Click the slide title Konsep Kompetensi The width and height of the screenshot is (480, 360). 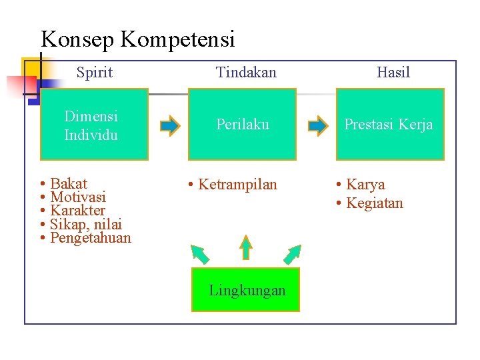[x=138, y=40]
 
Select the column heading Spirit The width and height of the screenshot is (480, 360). [x=95, y=73]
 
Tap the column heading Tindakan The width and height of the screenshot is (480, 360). [x=246, y=73]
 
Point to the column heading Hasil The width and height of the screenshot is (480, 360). [x=393, y=73]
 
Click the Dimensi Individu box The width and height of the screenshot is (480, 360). [x=94, y=125]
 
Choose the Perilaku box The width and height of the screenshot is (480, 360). [x=242, y=125]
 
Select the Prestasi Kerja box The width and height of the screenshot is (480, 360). [x=389, y=125]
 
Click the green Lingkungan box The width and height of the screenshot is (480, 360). [x=246, y=290]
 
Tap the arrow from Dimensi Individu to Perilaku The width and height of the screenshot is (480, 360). [x=171, y=125]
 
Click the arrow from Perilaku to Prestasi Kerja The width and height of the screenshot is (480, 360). [x=319, y=125]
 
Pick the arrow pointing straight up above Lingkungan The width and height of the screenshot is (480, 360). [x=246, y=247]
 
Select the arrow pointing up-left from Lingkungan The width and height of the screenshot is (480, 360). [x=200, y=254]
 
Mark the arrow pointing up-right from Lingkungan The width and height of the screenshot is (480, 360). [x=293, y=254]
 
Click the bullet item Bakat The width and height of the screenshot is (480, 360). [x=69, y=184]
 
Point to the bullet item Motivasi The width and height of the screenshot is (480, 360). [x=77, y=197]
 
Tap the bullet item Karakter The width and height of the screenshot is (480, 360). [x=77, y=211]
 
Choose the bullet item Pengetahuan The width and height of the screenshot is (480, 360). [x=91, y=238]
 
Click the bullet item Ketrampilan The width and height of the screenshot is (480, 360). [x=237, y=185]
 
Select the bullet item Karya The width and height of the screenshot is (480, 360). [x=365, y=185]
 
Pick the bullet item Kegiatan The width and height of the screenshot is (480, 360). [x=374, y=203]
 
